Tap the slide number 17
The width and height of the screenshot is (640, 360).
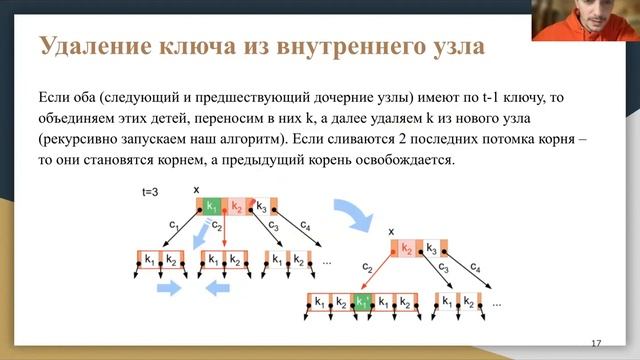[x=596, y=343]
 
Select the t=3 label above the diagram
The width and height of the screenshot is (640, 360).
[x=151, y=191]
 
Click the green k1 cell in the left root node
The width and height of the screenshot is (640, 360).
[x=211, y=207]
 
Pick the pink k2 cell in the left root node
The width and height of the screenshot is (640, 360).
[x=236, y=207]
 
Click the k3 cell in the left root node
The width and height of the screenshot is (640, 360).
[x=262, y=207]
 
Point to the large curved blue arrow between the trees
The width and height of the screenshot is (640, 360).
[x=351, y=217]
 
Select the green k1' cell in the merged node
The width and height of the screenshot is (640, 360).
[x=366, y=300]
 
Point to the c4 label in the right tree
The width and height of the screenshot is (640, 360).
[x=476, y=269]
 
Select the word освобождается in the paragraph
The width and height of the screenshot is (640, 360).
[x=406, y=160]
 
